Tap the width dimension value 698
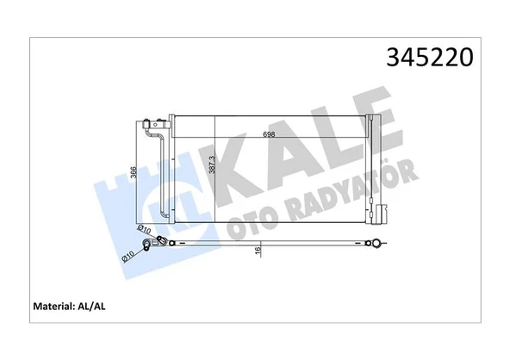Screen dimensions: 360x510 pyautogui.click(x=270, y=134)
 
